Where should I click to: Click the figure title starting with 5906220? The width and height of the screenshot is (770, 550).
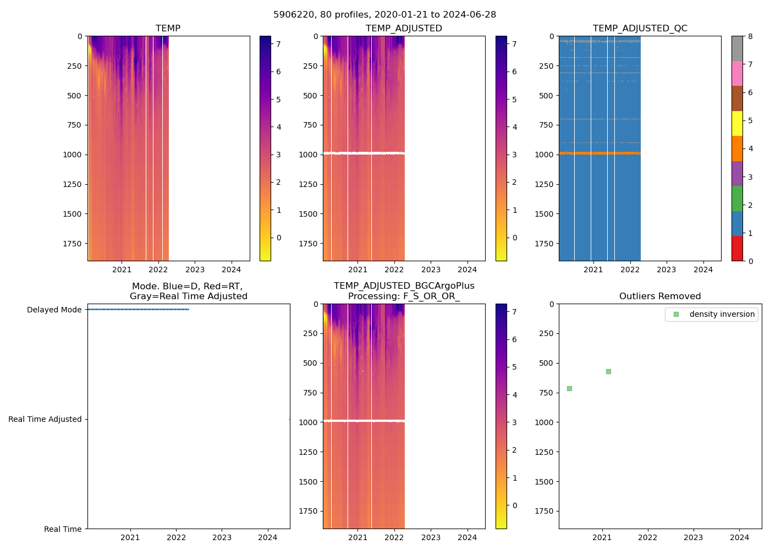point(384,15)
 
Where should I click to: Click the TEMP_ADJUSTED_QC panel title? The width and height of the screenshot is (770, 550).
point(640,28)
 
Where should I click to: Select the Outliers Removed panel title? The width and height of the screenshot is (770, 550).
point(660,296)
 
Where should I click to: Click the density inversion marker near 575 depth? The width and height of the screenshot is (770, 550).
point(608,371)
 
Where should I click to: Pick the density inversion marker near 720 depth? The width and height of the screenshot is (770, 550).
point(569,388)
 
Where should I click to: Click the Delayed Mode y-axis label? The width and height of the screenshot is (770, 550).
point(54,310)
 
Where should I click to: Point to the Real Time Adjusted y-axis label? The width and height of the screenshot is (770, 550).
point(45,419)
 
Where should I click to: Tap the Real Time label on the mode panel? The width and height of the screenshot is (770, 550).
point(63,529)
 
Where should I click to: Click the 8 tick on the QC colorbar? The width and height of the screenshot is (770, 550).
point(751,36)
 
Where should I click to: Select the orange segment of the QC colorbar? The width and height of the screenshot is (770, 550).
point(737,148)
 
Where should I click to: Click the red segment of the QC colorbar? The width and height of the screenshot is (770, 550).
point(737,248)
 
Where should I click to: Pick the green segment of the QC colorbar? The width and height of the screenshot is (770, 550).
point(737,198)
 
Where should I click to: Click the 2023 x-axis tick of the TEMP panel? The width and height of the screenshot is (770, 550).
point(195,269)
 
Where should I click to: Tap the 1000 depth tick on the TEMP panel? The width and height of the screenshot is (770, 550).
point(72,155)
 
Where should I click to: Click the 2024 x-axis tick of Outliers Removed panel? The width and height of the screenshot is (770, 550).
point(739,537)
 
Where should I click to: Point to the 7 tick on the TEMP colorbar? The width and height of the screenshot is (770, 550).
point(279,44)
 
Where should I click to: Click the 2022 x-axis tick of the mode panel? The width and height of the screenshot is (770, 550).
point(176,537)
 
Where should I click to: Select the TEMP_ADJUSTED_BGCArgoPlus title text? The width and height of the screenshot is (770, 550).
point(404,286)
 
